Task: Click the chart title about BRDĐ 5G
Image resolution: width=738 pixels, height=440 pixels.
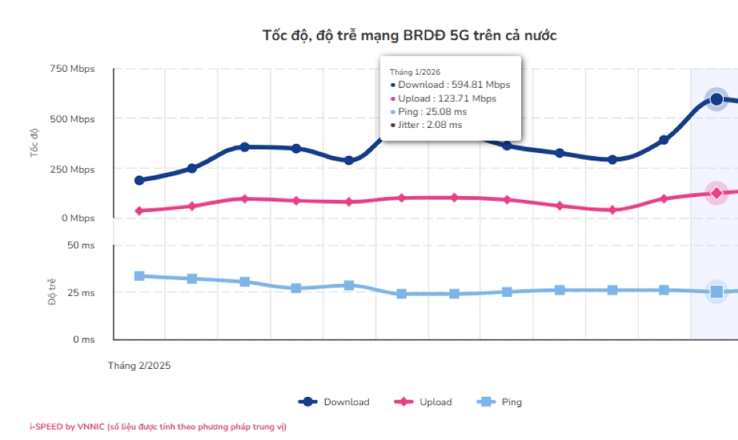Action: (x=410, y=36)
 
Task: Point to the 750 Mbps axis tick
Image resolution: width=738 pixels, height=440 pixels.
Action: (x=73, y=69)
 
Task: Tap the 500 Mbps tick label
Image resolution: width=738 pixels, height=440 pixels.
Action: (x=73, y=119)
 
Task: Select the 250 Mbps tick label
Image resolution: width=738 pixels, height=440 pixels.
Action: (x=73, y=170)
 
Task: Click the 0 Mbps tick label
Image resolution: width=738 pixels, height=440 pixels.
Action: (x=78, y=218)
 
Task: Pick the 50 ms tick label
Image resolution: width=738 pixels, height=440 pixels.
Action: (x=81, y=245)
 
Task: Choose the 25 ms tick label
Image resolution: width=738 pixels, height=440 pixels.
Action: (x=81, y=292)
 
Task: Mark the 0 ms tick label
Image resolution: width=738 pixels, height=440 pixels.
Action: (x=83, y=339)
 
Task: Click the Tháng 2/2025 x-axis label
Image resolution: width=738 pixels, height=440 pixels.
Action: (x=139, y=365)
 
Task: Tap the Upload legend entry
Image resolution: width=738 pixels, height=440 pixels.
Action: (x=424, y=402)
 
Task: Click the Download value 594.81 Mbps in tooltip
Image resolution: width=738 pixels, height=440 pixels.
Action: (x=454, y=85)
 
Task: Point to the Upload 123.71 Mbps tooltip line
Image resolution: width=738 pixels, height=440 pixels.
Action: (x=447, y=98)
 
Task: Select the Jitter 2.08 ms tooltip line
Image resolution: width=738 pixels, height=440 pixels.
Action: (x=430, y=125)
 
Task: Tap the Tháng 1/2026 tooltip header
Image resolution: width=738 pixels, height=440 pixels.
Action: (x=415, y=72)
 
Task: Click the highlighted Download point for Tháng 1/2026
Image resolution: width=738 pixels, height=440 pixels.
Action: (x=716, y=98)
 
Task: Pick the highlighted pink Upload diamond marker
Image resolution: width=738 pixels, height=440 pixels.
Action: (x=716, y=193)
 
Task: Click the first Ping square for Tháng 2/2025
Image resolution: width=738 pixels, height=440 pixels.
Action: (x=139, y=276)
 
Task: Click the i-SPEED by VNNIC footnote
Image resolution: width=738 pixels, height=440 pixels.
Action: (x=158, y=427)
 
